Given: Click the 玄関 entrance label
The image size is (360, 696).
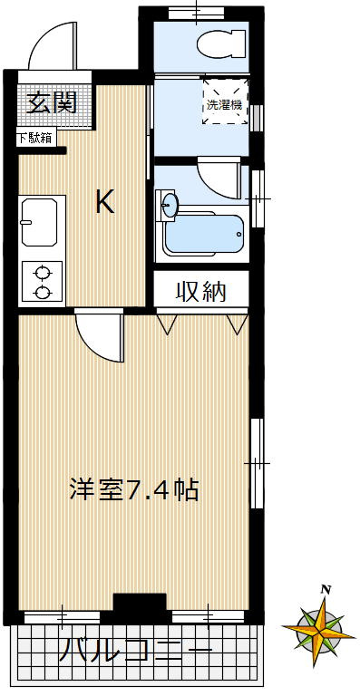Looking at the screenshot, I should pyautogui.click(x=50, y=102).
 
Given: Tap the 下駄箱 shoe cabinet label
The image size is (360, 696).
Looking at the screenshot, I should pyautogui.click(x=34, y=139).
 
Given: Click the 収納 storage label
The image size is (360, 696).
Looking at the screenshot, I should pyautogui.click(x=200, y=292).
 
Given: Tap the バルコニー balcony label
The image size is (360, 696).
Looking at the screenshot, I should pyautogui.click(x=136, y=649).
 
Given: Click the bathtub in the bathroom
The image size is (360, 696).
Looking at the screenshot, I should pyautogui.click(x=203, y=234).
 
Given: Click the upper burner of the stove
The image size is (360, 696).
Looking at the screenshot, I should pyautogui.click(x=42, y=271).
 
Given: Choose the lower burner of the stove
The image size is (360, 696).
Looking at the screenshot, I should pyautogui.click(x=42, y=291).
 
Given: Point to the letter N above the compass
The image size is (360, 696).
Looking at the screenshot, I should pyautogui.click(x=325, y=590).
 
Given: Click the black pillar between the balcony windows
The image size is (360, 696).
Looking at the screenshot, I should pyautogui.click(x=139, y=604).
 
